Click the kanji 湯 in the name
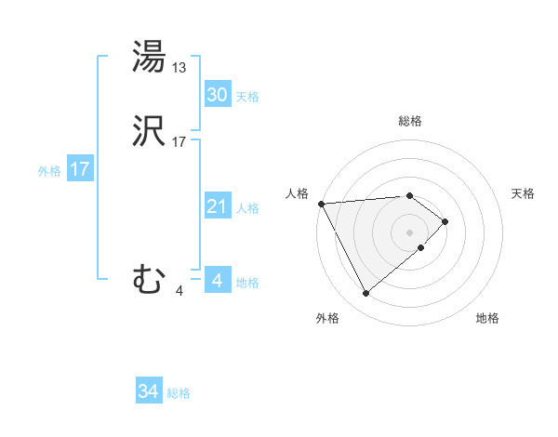pos(150,58)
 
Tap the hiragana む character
pos(150,280)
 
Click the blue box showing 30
pos(217,95)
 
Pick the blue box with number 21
pos(217,206)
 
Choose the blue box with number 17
pos(79,170)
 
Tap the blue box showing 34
pos(148,392)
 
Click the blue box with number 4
pos(217,281)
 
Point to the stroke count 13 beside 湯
pos(179,67)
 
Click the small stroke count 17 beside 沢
pos(179,143)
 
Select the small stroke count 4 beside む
pos(179,290)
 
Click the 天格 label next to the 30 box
pos(247,97)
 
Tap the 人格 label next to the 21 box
pos(247,208)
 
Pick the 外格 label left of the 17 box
pos(49,171)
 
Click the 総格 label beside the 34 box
pos(179,394)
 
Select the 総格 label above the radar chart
pos(410,121)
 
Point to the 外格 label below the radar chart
pos(327,319)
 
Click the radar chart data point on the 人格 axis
pos(321,204)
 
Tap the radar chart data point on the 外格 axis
pos(365,294)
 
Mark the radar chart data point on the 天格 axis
pos(445,221)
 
